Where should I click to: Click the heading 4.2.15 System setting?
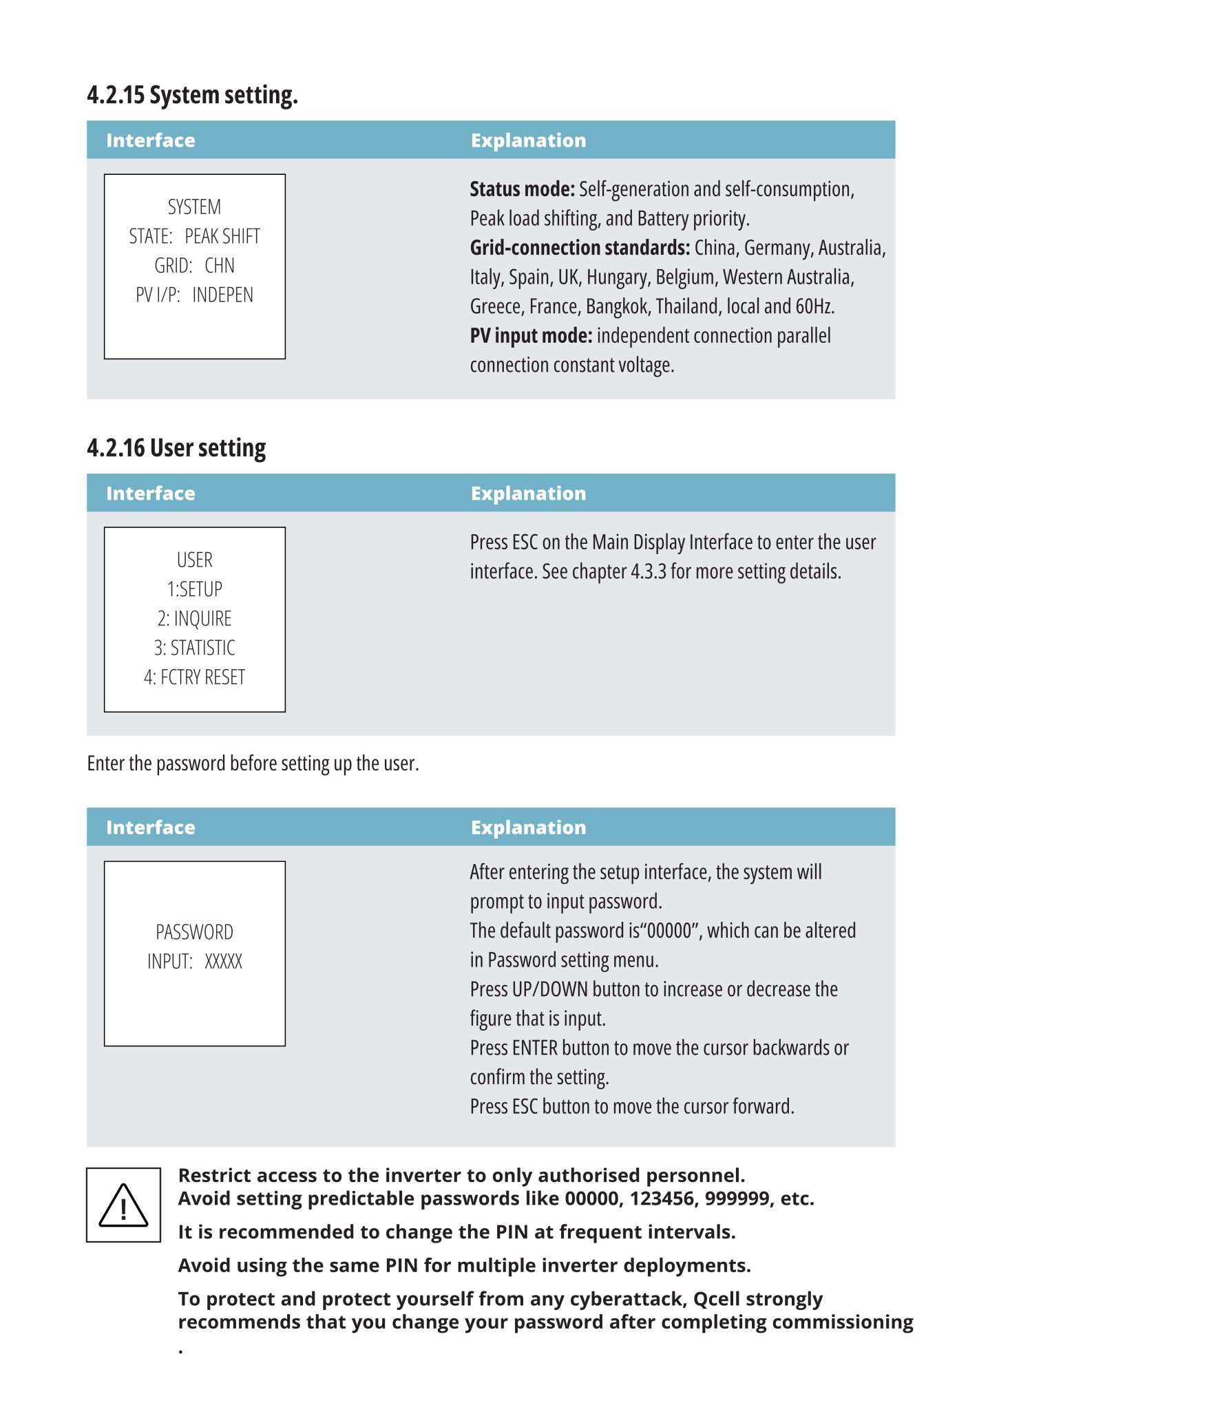pyautogui.click(x=192, y=95)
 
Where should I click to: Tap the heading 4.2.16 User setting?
pyautogui.click(x=176, y=448)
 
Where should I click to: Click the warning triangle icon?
pyautogui.click(x=123, y=1205)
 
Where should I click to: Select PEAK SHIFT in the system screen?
pyautogui.click(x=222, y=237)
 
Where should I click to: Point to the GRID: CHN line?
pyautogui.click(x=194, y=266)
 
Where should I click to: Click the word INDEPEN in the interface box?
pyautogui.click(x=222, y=295)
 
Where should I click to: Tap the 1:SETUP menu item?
pyautogui.click(x=195, y=589)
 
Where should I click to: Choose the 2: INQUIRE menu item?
pyautogui.click(x=195, y=619)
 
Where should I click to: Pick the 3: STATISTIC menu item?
pyautogui.click(x=195, y=648)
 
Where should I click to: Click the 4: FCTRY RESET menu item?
pyautogui.click(x=195, y=677)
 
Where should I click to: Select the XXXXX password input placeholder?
pyautogui.click(x=223, y=962)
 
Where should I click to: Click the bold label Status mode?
pyautogui.click(x=522, y=189)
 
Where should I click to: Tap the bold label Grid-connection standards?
pyautogui.click(x=580, y=248)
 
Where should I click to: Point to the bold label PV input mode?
pyautogui.click(x=531, y=336)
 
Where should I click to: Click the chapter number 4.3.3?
pyautogui.click(x=649, y=572)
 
